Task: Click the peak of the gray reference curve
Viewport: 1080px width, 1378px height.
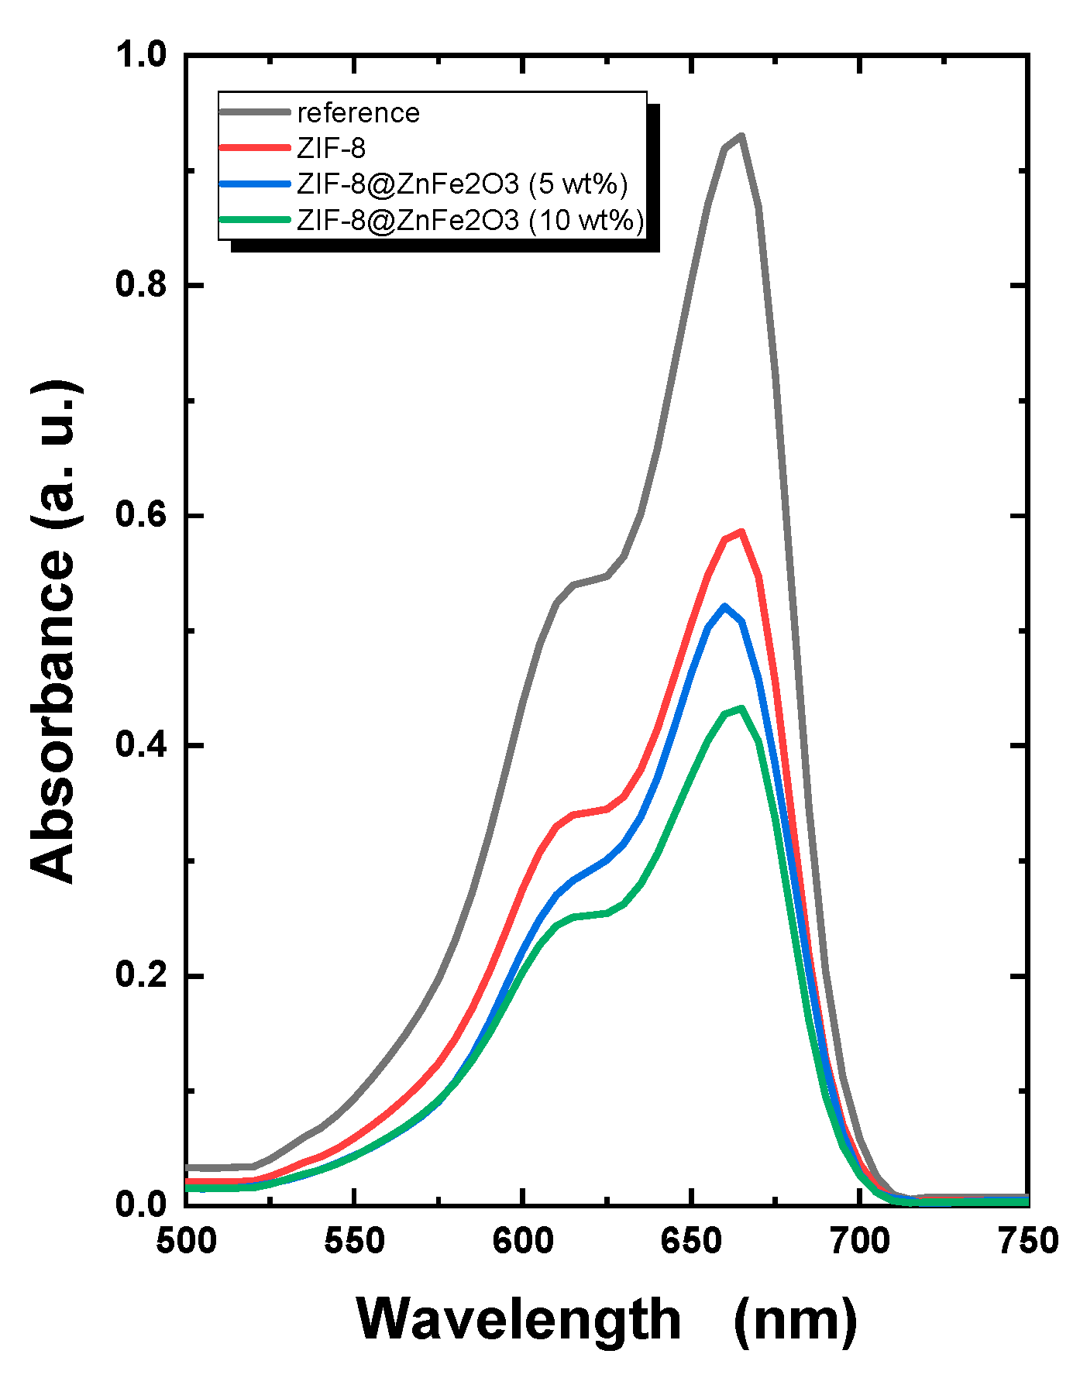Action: pyautogui.click(x=741, y=136)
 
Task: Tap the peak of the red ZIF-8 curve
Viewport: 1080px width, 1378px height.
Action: pyautogui.click(x=741, y=532)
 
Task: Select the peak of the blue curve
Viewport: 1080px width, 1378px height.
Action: pyautogui.click(x=725, y=607)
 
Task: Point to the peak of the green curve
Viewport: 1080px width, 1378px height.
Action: pyautogui.click(x=741, y=708)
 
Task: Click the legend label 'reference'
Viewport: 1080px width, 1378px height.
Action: pyautogui.click(x=358, y=113)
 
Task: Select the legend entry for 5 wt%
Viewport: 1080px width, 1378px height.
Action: pyautogui.click(x=462, y=184)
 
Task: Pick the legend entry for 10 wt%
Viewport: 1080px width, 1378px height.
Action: pyautogui.click(x=470, y=221)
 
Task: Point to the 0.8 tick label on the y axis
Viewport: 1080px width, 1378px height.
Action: pyautogui.click(x=140, y=285)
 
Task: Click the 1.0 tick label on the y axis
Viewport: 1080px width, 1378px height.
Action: pyautogui.click(x=140, y=55)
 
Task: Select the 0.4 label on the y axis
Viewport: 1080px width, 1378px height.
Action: pyautogui.click(x=140, y=745)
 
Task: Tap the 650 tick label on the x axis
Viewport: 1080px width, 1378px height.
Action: pyautogui.click(x=690, y=1242)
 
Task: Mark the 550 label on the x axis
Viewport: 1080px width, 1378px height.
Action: pyautogui.click(x=353, y=1242)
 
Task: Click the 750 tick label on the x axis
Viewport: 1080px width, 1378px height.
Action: pyautogui.click(x=1027, y=1242)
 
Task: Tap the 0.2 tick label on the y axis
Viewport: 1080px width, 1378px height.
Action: pyautogui.click(x=140, y=975)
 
